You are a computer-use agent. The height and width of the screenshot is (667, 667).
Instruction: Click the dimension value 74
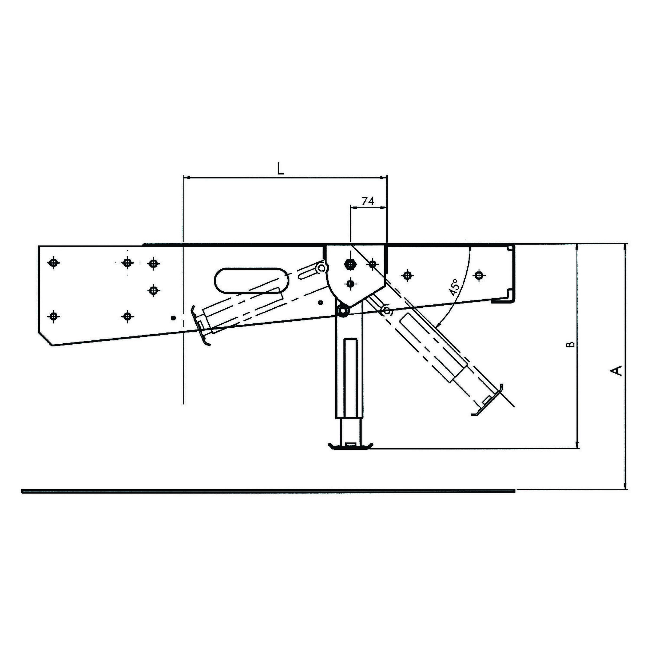click(368, 201)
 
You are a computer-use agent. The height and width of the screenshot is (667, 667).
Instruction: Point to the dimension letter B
click(572, 344)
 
